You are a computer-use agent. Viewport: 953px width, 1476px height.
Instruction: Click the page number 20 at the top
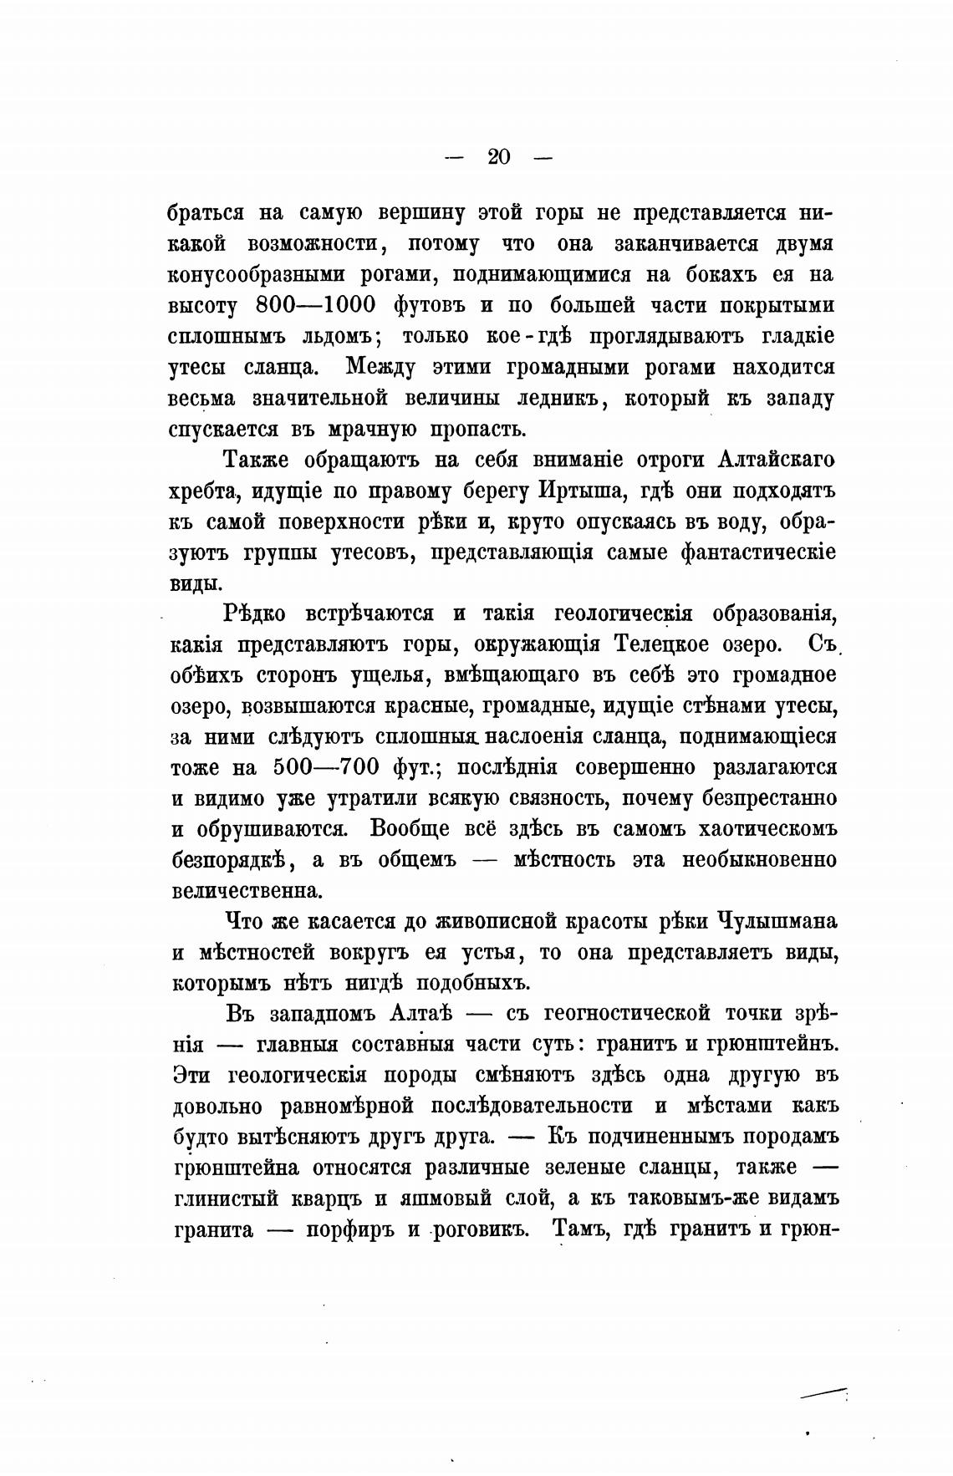click(498, 156)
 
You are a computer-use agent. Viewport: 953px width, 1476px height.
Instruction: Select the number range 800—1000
click(315, 306)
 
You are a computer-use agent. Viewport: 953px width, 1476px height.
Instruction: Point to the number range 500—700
click(327, 767)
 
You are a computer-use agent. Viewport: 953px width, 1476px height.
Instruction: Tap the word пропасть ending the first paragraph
click(478, 430)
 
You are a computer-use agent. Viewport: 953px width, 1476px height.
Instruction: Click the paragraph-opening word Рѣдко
click(255, 613)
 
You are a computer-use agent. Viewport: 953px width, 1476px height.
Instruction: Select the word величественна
click(247, 891)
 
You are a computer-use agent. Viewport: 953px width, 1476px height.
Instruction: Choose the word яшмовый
click(428, 1199)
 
